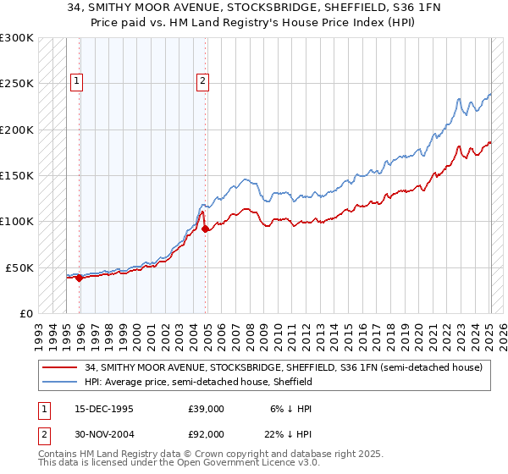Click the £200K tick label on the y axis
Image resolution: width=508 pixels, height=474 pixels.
[x=16, y=130]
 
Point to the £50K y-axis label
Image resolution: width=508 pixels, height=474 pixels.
[x=19, y=267]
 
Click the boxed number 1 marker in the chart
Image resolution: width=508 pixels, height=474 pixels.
[x=76, y=81]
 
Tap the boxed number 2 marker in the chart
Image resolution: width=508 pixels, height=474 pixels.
[x=203, y=81]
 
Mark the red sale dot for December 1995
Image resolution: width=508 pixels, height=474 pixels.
[x=80, y=278]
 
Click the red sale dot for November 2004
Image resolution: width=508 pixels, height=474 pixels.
[x=206, y=229]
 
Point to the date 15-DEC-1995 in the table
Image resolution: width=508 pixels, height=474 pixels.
[x=104, y=409]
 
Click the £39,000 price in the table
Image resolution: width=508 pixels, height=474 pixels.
[x=206, y=409]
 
